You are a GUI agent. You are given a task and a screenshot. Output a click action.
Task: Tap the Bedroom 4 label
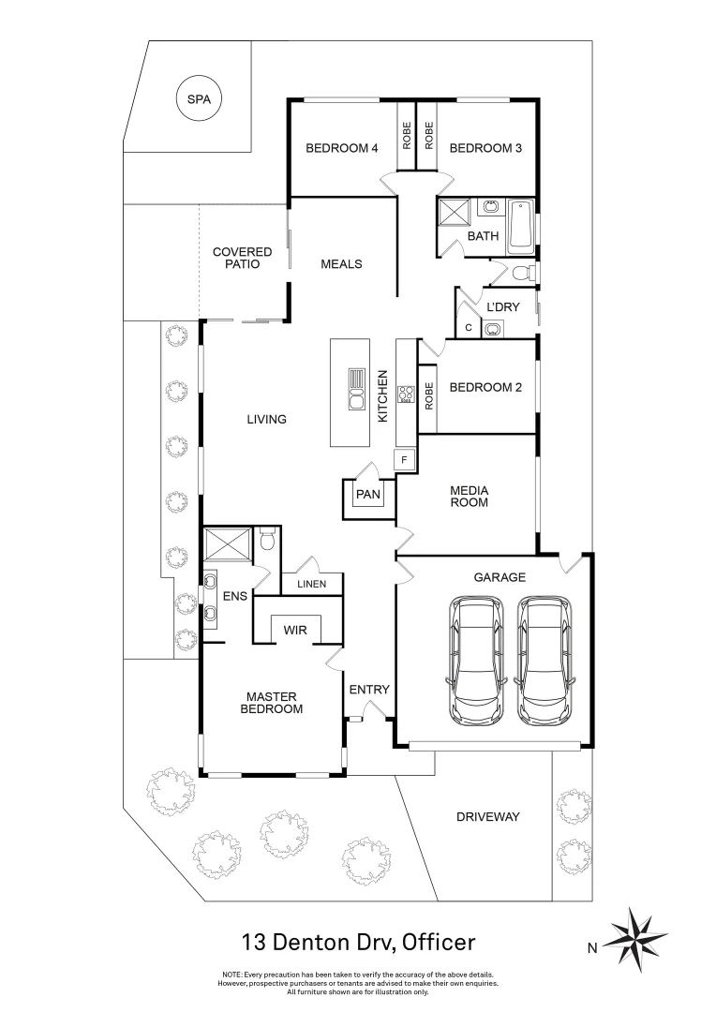click(342, 148)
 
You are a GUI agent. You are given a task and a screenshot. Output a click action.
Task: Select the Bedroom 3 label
click(485, 148)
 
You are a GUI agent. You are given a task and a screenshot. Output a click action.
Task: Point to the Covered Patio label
click(242, 258)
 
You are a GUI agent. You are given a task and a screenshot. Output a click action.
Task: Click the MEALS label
click(341, 264)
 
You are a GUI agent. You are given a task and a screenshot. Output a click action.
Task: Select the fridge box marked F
click(405, 460)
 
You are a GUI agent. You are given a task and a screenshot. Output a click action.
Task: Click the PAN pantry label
click(366, 494)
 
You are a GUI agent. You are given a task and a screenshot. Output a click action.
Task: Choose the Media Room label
click(470, 497)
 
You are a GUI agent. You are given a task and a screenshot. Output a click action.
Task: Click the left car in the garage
click(476, 660)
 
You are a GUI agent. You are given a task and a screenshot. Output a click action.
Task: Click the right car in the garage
click(544, 660)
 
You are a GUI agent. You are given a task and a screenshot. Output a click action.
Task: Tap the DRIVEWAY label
click(487, 817)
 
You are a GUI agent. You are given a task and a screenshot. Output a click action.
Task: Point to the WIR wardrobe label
click(295, 631)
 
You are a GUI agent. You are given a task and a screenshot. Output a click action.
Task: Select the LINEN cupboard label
click(312, 585)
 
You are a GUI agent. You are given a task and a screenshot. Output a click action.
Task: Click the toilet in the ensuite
click(266, 540)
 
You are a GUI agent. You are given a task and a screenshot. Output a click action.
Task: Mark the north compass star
click(638, 936)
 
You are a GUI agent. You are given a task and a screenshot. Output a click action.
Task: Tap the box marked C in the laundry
click(468, 327)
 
